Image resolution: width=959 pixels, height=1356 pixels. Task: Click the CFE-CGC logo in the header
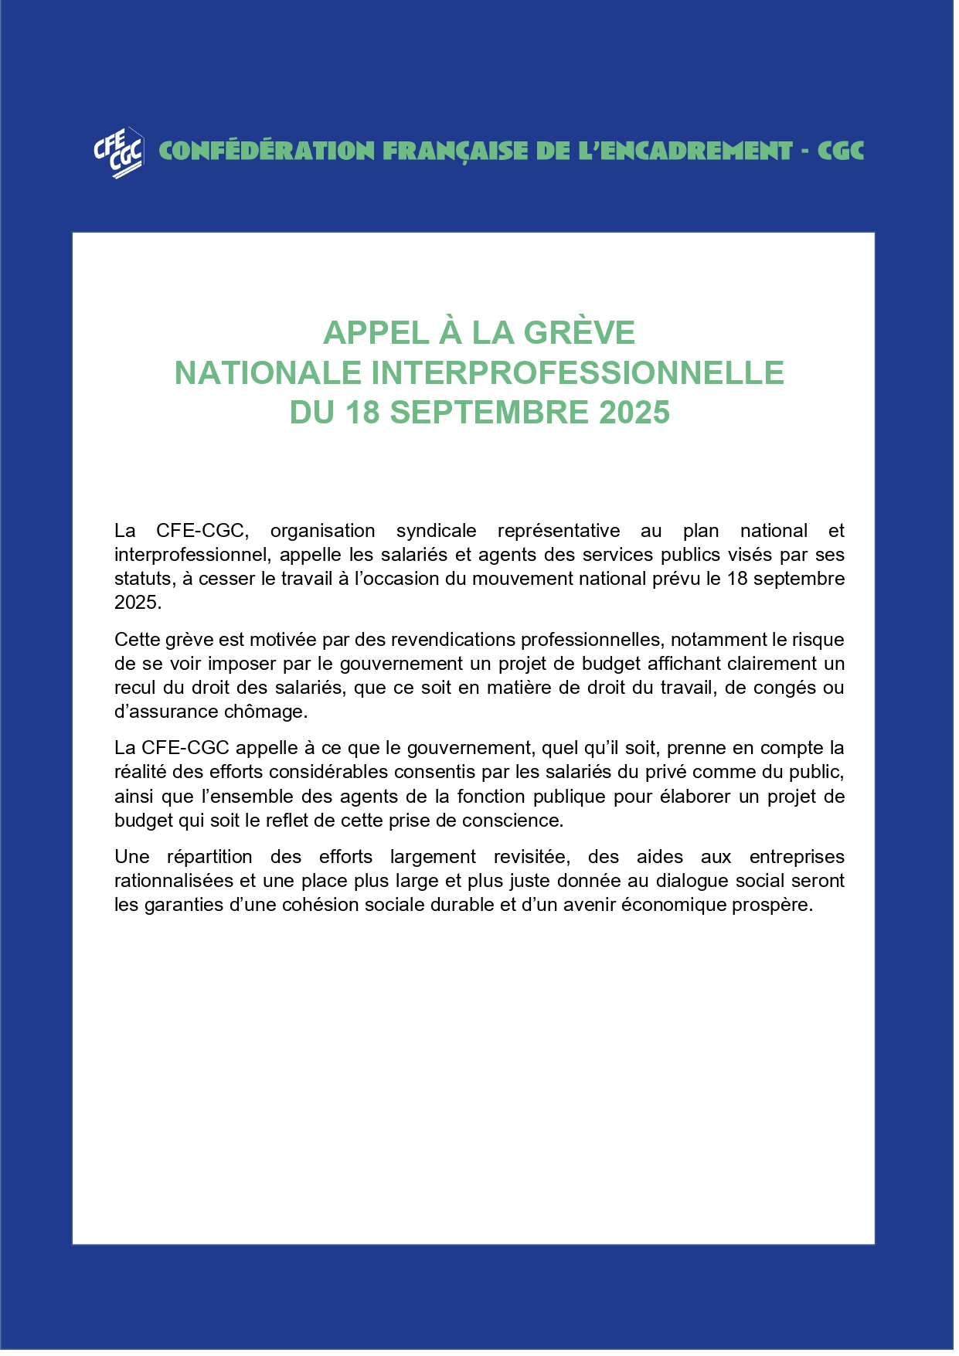pyautogui.click(x=118, y=152)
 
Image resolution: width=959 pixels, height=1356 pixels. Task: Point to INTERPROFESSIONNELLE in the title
pyautogui.click(x=577, y=373)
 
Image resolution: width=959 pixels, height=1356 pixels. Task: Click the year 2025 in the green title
pyautogui.click(x=634, y=413)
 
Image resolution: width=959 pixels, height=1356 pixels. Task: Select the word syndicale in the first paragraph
pyautogui.click(x=436, y=531)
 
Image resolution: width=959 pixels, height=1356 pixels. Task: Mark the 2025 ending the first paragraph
pyautogui.click(x=137, y=603)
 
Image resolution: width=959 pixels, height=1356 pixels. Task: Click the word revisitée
pyautogui.click(x=532, y=857)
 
